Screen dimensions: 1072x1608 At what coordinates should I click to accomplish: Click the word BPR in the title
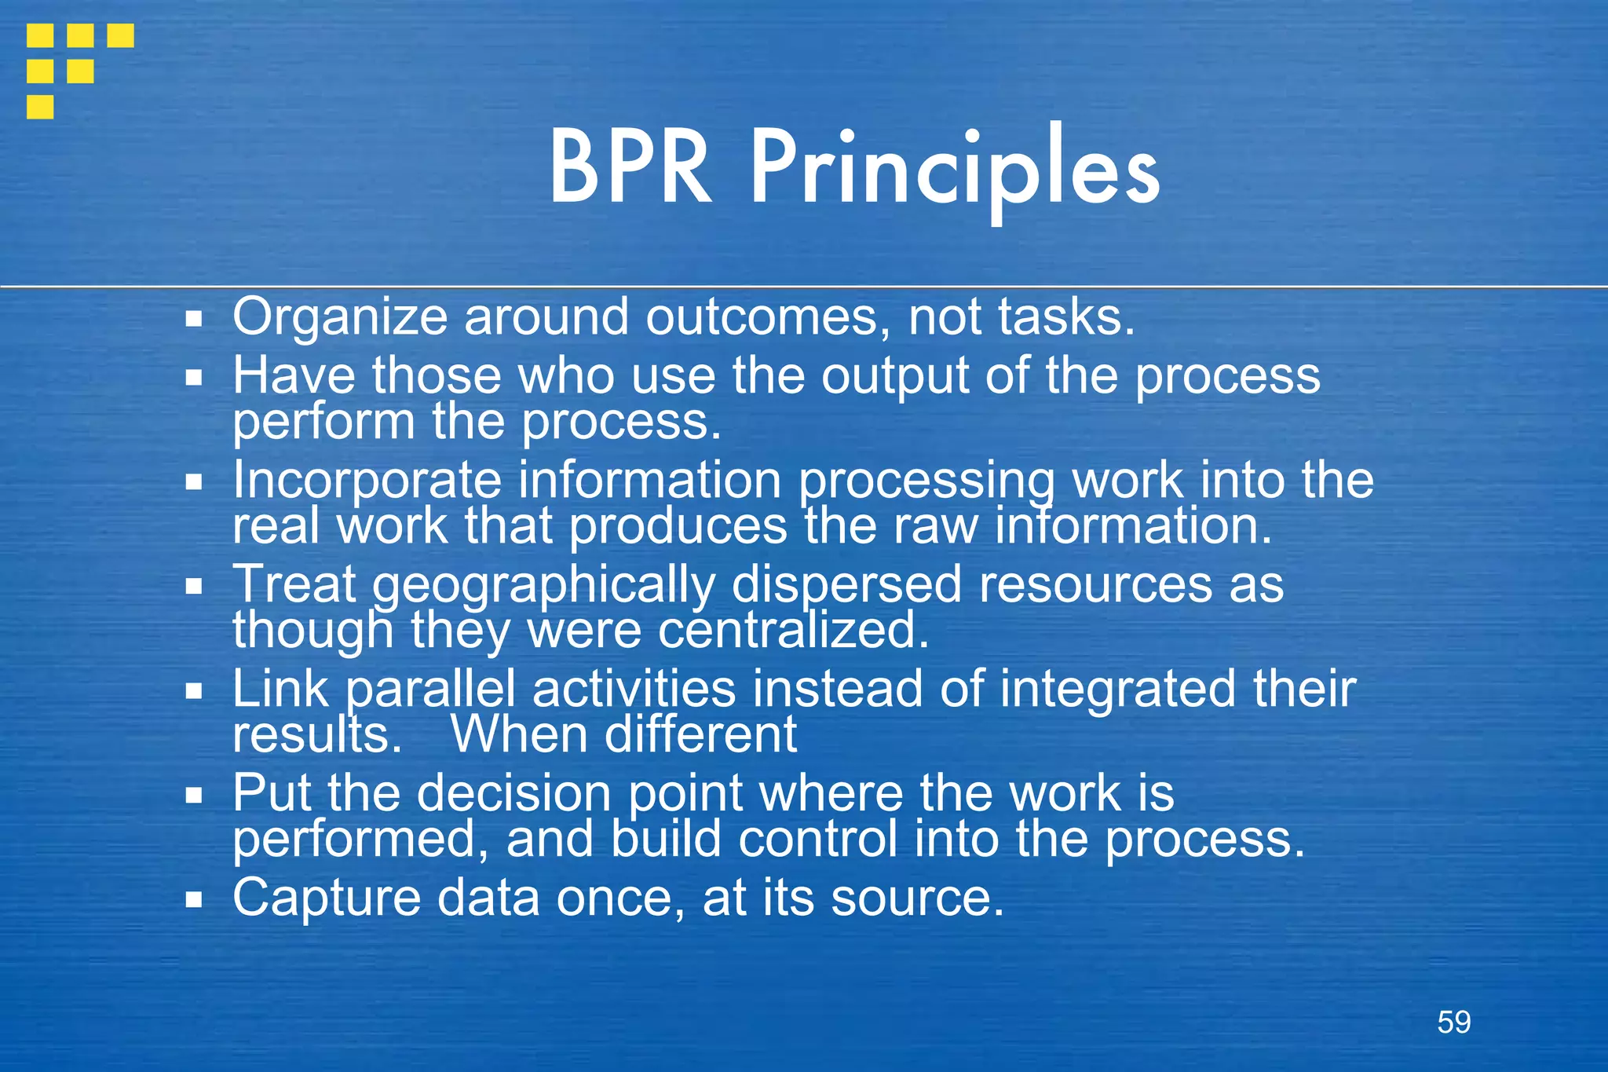[630, 168]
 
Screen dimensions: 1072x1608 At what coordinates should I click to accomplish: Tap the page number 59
[1453, 1022]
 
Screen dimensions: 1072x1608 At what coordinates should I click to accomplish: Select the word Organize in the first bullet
[339, 318]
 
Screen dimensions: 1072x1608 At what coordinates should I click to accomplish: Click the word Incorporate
[367, 481]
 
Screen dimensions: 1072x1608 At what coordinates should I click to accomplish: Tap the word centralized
[793, 631]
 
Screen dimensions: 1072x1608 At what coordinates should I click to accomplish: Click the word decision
[513, 793]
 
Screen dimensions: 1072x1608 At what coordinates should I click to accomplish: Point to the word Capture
[326, 898]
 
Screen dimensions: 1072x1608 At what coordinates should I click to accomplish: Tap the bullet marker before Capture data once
[194, 898]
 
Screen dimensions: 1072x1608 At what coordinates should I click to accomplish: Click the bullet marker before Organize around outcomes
[194, 319]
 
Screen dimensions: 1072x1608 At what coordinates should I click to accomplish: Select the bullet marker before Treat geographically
[194, 586]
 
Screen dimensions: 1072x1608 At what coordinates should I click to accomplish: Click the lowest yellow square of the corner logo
[40, 107]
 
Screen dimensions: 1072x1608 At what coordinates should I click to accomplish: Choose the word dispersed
[846, 586]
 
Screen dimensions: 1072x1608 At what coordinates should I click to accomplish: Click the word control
[817, 839]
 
